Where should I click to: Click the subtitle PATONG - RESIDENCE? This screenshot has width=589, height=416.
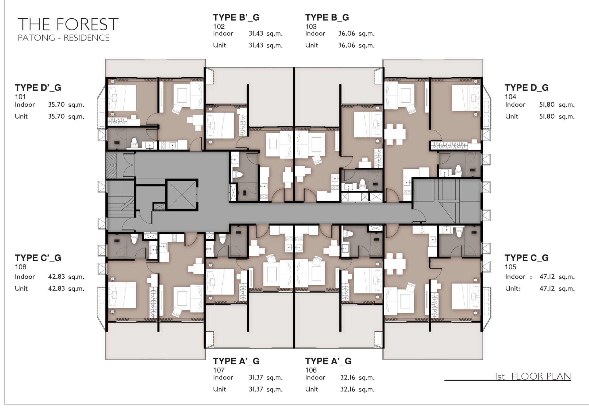[63, 38]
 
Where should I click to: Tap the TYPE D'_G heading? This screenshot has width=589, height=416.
[38, 88]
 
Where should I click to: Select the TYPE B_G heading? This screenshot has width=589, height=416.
[327, 18]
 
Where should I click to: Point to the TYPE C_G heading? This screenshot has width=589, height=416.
[526, 258]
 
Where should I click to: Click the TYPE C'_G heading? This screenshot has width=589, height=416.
[38, 258]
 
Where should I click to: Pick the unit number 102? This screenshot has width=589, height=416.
[219, 26]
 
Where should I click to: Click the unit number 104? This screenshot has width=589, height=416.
[510, 97]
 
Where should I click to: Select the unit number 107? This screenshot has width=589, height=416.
[219, 370]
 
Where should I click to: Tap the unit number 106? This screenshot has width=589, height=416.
[311, 370]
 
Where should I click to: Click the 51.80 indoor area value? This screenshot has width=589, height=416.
[547, 105]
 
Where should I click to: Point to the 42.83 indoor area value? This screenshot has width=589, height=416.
[56, 277]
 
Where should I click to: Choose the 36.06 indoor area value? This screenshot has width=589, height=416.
[347, 34]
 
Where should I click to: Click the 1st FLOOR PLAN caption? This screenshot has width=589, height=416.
[533, 376]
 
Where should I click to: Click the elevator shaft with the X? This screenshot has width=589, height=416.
[182, 195]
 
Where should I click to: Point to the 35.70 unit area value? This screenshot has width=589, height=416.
[56, 116]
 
